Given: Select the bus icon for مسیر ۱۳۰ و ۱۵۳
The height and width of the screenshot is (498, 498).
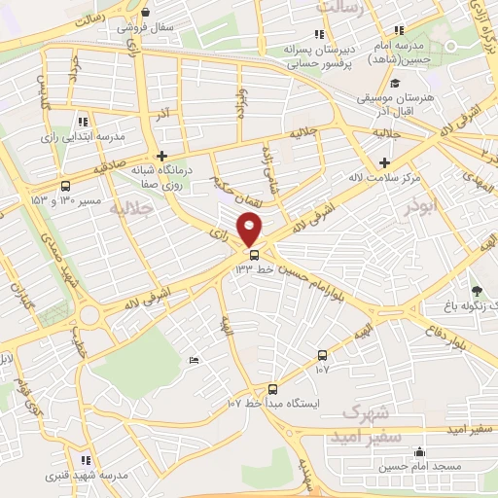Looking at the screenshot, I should click(65, 186).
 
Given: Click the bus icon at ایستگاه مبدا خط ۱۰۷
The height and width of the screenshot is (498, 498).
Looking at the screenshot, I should click(273, 388).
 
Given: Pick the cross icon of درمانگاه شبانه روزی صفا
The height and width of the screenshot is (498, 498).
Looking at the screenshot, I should click(162, 156).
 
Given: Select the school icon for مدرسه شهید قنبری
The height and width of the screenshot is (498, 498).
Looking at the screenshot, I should click(86, 460).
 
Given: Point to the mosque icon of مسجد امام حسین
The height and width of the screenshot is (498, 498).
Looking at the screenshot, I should click(418, 452).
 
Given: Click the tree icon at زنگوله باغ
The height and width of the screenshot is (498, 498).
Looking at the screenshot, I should click(476, 290).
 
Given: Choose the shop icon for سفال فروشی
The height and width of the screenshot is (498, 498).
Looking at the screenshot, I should click(145, 13).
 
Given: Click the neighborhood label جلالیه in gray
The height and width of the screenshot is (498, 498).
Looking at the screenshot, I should click(131, 208).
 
